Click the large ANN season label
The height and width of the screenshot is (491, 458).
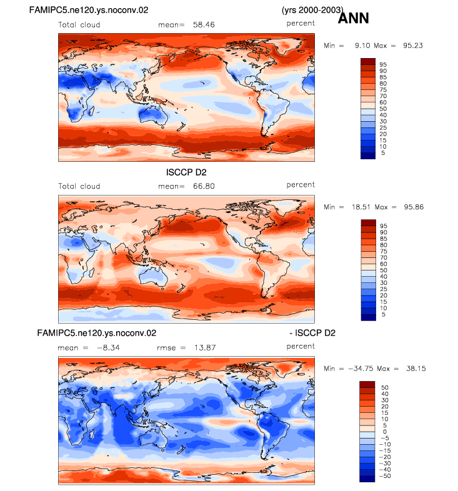point(354,18)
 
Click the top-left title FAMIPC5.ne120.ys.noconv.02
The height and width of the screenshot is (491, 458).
point(89,10)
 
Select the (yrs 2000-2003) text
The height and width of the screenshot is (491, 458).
point(312,10)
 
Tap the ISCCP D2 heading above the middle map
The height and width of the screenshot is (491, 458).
point(186,172)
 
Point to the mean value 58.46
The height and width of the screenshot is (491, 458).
point(204,25)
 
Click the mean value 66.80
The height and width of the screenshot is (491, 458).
point(204,186)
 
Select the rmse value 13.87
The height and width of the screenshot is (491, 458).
point(205,347)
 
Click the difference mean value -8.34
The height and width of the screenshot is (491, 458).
point(108,347)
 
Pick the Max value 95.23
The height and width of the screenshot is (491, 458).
point(413,46)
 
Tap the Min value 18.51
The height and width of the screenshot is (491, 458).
point(361,207)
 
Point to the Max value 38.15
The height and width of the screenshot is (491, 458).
point(416,369)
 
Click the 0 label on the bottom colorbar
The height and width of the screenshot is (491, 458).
point(385,432)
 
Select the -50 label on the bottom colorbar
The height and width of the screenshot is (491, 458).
point(385,476)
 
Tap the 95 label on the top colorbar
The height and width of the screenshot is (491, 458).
point(383,64)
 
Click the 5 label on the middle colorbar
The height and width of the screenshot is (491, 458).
point(384,314)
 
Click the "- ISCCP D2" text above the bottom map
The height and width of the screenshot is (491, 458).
point(312,333)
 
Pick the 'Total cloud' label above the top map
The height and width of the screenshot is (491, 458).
point(79,25)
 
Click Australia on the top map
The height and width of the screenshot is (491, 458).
point(152,114)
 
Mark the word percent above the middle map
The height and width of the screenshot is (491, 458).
point(301,185)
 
